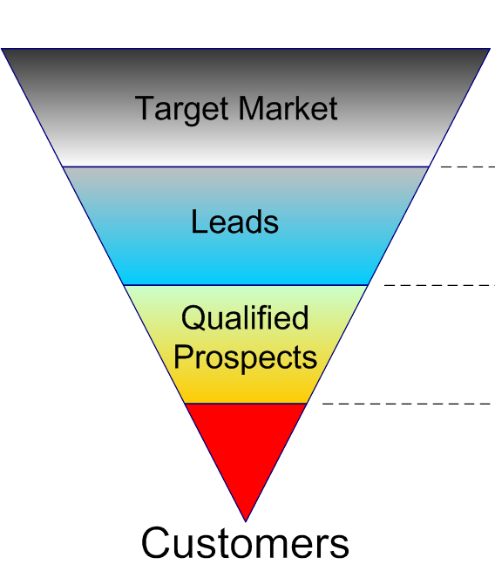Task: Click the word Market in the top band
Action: tap(288, 108)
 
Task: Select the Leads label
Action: tap(234, 221)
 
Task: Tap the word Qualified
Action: tap(245, 317)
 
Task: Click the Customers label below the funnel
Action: tap(245, 542)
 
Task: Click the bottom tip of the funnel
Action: tap(246, 521)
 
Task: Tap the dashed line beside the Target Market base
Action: tap(468, 167)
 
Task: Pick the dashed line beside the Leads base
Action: tap(439, 285)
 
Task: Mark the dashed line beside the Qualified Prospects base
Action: tap(408, 404)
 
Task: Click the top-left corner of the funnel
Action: tap(2, 49)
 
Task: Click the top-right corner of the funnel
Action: tap(491, 49)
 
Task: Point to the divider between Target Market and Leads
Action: tap(246, 167)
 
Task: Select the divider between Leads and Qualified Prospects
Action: tap(246, 285)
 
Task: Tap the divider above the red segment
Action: tap(246, 404)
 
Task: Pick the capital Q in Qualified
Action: tap(194, 318)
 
